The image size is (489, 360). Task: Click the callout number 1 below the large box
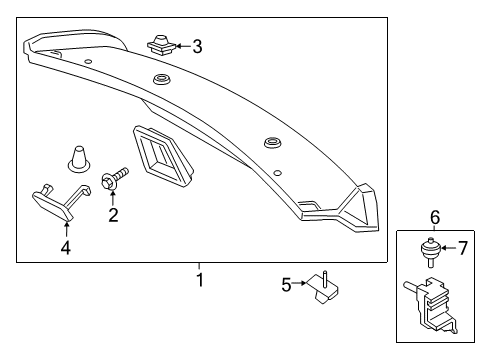point(199,280)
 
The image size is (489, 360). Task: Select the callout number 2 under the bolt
point(113,214)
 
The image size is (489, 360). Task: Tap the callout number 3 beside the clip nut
point(197,45)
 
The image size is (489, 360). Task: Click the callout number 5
point(286,286)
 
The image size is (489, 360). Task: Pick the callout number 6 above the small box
point(435,218)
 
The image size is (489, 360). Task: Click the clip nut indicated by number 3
point(159,43)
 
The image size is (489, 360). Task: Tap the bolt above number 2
point(114,180)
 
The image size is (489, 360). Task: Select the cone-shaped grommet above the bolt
point(77,158)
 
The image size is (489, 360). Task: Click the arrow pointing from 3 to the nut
point(181,45)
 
